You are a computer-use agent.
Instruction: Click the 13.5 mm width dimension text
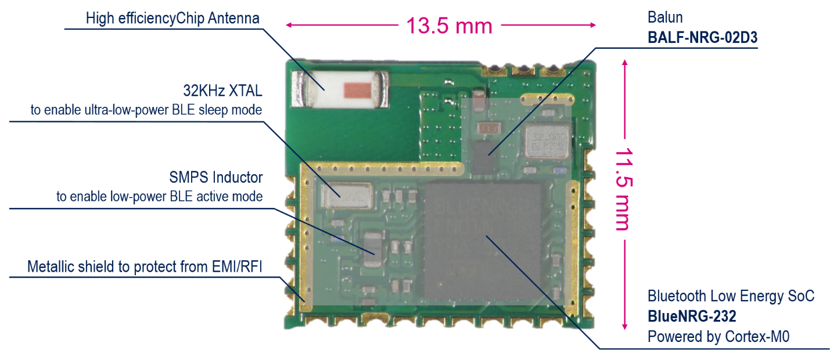pos(448,26)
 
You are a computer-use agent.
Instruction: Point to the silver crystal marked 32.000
pos(547,142)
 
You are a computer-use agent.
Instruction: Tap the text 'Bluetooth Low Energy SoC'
pos(731,297)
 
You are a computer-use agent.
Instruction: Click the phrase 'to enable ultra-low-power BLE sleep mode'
pos(146,110)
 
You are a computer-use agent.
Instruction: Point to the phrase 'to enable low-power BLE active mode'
pos(159,196)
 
